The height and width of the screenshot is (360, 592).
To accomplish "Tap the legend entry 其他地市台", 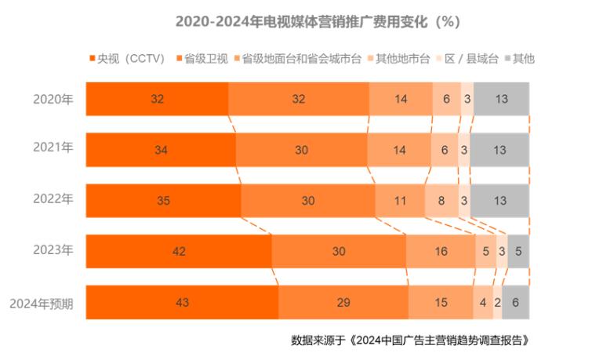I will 402,59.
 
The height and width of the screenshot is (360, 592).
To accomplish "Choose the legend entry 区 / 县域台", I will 469,59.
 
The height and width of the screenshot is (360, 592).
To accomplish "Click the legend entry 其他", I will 519,59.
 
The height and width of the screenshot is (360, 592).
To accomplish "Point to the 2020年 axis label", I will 53,99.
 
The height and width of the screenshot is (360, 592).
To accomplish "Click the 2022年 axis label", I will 53,199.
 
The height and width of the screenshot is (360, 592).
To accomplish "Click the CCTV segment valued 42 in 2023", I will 179,252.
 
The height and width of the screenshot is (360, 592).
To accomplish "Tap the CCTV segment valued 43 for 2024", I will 182,303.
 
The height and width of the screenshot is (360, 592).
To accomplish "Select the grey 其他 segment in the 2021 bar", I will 499,150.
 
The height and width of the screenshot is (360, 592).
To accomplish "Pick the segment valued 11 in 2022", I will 400,200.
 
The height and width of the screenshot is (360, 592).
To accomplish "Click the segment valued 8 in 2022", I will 441,200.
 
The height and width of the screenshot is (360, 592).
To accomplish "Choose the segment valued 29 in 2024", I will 343,303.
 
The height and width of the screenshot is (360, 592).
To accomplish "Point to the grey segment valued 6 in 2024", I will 515,303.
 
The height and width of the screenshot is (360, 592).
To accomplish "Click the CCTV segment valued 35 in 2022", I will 163,200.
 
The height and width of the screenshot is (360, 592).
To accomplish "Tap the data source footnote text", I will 416,341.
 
